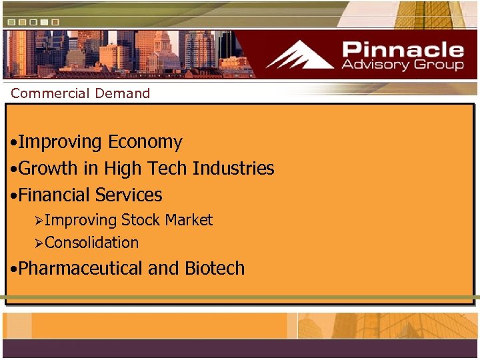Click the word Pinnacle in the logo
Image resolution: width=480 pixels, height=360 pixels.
[x=403, y=49]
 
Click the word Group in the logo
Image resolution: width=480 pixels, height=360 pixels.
[x=437, y=65]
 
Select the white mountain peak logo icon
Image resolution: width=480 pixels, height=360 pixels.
[x=299, y=55]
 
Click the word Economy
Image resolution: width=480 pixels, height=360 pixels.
[x=145, y=142]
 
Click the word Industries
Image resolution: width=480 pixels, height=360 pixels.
[x=233, y=169]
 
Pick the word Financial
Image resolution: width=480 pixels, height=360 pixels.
[x=55, y=195]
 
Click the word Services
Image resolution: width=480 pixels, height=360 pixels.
[x=129, y=195]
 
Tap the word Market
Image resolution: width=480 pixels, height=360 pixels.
[x=189, y=220]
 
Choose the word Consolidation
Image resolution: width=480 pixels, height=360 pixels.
[x=92, y=243]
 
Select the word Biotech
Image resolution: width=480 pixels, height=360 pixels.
[x=215, y=269]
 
